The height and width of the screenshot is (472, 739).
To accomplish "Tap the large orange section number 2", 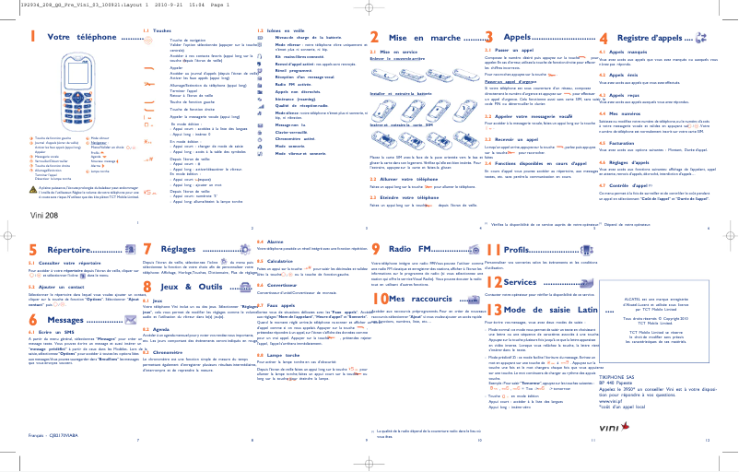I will pyautogui.click(x=374, y=38).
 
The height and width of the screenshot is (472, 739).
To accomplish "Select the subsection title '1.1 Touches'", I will pyautogui.click(x=151, y=31).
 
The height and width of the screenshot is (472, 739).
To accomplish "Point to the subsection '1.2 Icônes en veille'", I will pyautogui.click(x=276, y=31).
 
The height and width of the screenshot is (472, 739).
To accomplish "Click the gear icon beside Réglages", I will pyautogui.click(x=236, y=250).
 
